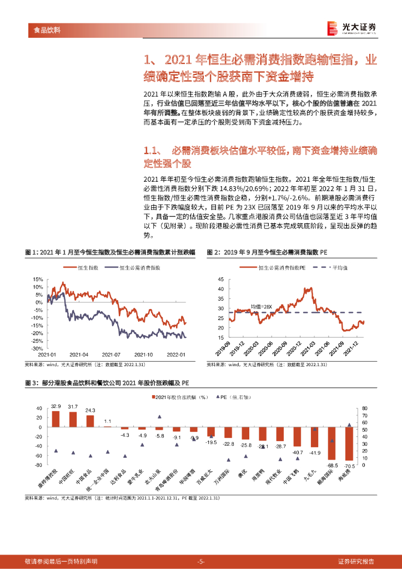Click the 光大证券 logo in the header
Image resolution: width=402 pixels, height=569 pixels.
point(351,28)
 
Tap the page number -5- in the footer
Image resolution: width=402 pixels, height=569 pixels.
point(201,561)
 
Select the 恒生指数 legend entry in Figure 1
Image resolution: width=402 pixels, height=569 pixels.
point(84,268)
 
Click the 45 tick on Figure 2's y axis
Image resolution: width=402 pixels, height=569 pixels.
point(220,279)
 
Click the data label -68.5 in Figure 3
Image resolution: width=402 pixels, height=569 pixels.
point(332,465)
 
